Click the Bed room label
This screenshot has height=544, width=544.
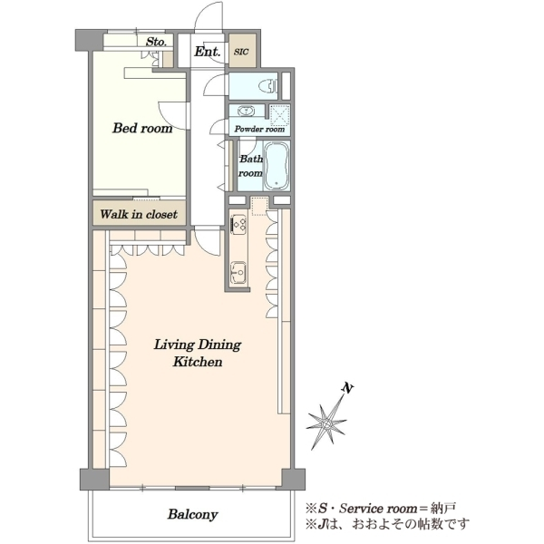pyautogui.click(x=142, y=128)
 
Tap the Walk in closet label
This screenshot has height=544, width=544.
pyautogui.click(x=139, y=214)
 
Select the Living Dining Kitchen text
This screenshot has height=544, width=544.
pyautogui.click(x=198, y=354)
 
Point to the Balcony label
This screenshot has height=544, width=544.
pyautogui.click(x=192, y=514)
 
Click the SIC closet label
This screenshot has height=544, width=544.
pyautogui.click(x=241, y=52)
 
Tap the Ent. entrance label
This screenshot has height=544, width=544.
pyautogui.click(x=207, y=52)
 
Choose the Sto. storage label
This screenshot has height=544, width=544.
pyautogui.click(x=156, y=42)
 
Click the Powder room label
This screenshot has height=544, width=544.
pyautogui.click(x=259, y=129)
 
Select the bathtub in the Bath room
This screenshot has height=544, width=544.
pyautogui.click(x=277, y=166)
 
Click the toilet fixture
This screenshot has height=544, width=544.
pyautogui.click(x=270, y=85)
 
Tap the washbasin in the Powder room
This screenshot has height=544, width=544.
pyautogui.click(x=247, y=111)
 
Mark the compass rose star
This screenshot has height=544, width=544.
pyautogui.click(x=326, y=423)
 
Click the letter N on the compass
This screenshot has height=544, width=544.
pyautogui.click(x=347, y=388)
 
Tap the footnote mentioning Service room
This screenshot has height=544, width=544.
pyautogui.click(x=380, y=509)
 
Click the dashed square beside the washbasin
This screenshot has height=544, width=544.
pyautogui.click(x=279, y=114)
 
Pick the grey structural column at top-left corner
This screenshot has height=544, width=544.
pyautogui.click(x=90, y=40)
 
